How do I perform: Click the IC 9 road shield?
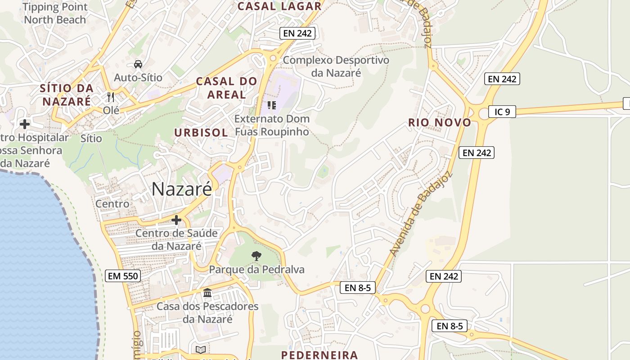click(x=502, y=112)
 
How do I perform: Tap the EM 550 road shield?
click(x=123, y=276)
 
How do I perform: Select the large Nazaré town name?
click(x=181, y=189)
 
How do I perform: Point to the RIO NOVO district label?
click(x=440, y=122)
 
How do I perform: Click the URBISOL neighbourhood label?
click(x=201, y=132)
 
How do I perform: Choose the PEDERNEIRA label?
click(x=319, y=355)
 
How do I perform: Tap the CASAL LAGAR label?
click(x=279, y=6)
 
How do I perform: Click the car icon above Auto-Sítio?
click(x=138, y=64)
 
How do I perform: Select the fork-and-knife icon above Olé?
click(x=111, y=97)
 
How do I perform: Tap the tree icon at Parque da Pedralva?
click(x=256, y=256)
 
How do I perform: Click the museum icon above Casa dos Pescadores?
click(x=207, y=293)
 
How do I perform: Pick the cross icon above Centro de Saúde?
click(x=176, y=220)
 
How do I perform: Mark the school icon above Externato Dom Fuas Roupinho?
click(x=271, y=105)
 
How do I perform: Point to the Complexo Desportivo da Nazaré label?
click(x=336, y=66)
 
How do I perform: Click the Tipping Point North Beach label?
click(x=54, y=13)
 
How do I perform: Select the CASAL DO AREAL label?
click(x=227, y=88)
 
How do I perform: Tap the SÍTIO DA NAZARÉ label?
click(x=67, y=94)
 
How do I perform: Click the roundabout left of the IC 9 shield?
click(x=484, y=112)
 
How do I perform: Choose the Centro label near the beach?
click(x=112, y=204)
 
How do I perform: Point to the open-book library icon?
click(x=201, y=350)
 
